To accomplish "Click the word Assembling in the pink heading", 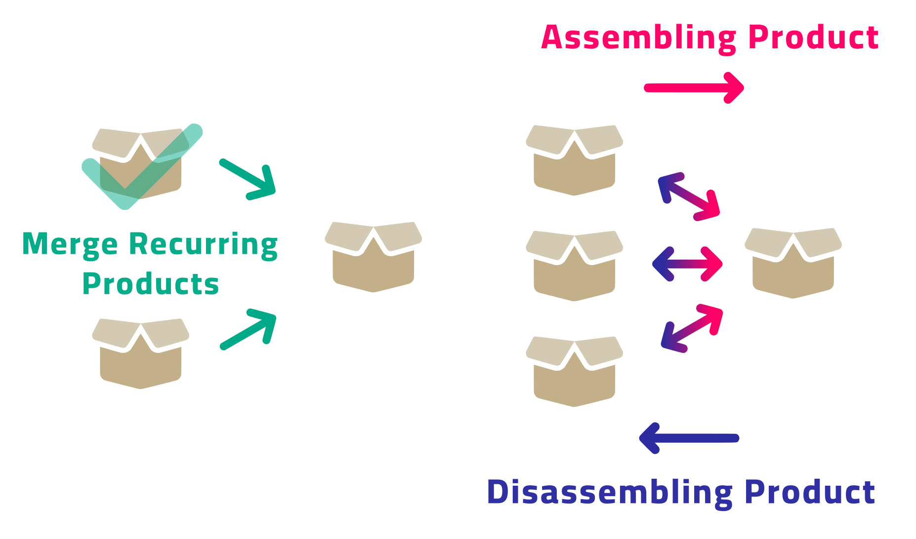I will click(x=639, y=38).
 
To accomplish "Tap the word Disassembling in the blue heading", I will click(x=609, y=492).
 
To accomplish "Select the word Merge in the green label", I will click(x=70, y=244).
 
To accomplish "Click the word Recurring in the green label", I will click(x=203, y=244).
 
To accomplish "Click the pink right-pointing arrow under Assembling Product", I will click(x=694, y=88).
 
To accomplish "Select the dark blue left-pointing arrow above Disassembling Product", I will click(x=689, y=438).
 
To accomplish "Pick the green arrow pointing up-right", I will click(x=249, y=329).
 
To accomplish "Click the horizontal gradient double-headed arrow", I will click(x=687, y=264).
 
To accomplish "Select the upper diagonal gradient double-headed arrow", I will click(x=689, y=196).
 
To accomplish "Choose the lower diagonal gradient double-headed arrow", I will click(x=692, y=328).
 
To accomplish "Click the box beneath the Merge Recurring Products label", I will click(x=141, y=354).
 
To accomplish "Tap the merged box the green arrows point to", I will click(x=374, y=257).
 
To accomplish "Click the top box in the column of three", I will click(x=574, y=160).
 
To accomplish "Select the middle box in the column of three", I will click(x=574, y=266).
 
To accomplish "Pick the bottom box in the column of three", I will click(x=574, y=372).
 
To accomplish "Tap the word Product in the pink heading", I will click(x=813, y=38).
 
